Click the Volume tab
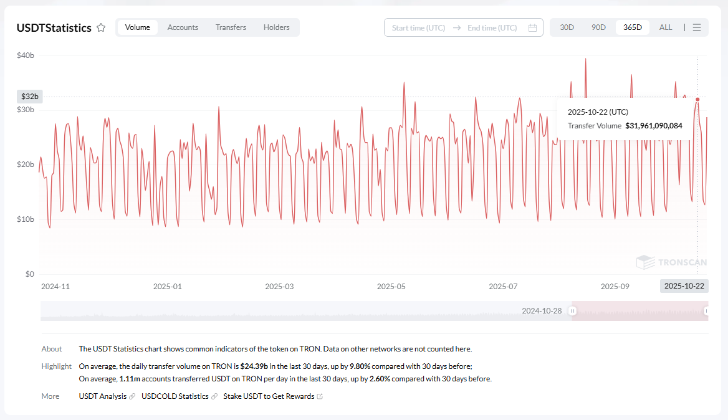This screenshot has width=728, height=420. click(137, 27)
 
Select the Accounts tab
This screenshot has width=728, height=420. click(183, 27)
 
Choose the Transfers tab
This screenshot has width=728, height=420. click(231, 27)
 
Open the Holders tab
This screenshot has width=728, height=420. click(276, 27)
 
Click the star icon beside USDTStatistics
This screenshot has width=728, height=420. click(101, 28)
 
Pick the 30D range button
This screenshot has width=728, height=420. click(567, 27)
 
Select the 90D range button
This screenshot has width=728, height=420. click(598, 27)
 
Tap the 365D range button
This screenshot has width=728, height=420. click(632, 27)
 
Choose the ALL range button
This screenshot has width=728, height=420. click(666, 27)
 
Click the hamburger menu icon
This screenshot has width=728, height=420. click(697, 27)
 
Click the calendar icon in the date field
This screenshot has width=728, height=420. click(532, 28)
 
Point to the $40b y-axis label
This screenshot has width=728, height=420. click(26, 55)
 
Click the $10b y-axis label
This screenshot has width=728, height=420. click(26, 219)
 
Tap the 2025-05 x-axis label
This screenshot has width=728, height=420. click(391, 287)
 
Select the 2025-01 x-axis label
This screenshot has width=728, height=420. click(167, 287)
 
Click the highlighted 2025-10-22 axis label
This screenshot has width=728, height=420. click(684, 286)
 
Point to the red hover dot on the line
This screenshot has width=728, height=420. click(697, 99)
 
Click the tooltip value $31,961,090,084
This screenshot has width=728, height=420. click(653, 126)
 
